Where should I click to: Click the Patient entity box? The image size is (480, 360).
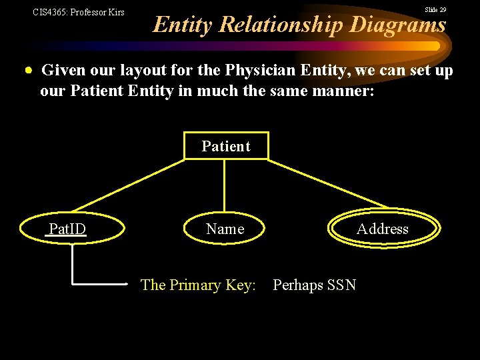point(226,147)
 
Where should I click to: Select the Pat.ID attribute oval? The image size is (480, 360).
point(67,229)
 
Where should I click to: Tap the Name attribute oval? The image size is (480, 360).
point(225,229)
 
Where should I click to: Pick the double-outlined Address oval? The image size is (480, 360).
point(383,229)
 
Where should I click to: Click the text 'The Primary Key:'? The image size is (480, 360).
point(198,285)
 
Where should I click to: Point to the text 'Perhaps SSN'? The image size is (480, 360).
point(314,285)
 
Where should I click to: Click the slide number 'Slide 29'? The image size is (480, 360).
point(435,10)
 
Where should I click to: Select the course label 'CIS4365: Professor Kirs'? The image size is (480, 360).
point(79,12)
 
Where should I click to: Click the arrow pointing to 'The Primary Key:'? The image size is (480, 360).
point(100,283)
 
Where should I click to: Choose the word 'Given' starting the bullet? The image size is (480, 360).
point(64,70)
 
